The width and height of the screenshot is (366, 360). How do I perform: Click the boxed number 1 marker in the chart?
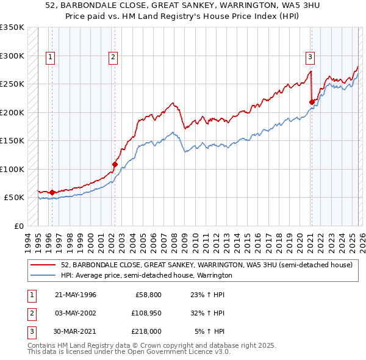point(49,57)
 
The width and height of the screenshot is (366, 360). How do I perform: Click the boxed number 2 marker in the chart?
point(113,57)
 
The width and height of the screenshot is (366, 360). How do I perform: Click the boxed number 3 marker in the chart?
point(310,57)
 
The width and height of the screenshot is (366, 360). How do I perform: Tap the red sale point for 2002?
point(115,164)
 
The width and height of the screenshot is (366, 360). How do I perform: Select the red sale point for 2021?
point(312,102)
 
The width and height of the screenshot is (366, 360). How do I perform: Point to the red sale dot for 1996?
point(52,192)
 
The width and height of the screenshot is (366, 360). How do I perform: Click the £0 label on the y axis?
point(18,226)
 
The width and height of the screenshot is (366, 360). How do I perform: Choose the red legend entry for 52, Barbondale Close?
point(206,265)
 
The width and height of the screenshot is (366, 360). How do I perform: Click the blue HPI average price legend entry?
point(146,276)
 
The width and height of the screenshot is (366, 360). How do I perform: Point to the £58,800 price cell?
point(146,295)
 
